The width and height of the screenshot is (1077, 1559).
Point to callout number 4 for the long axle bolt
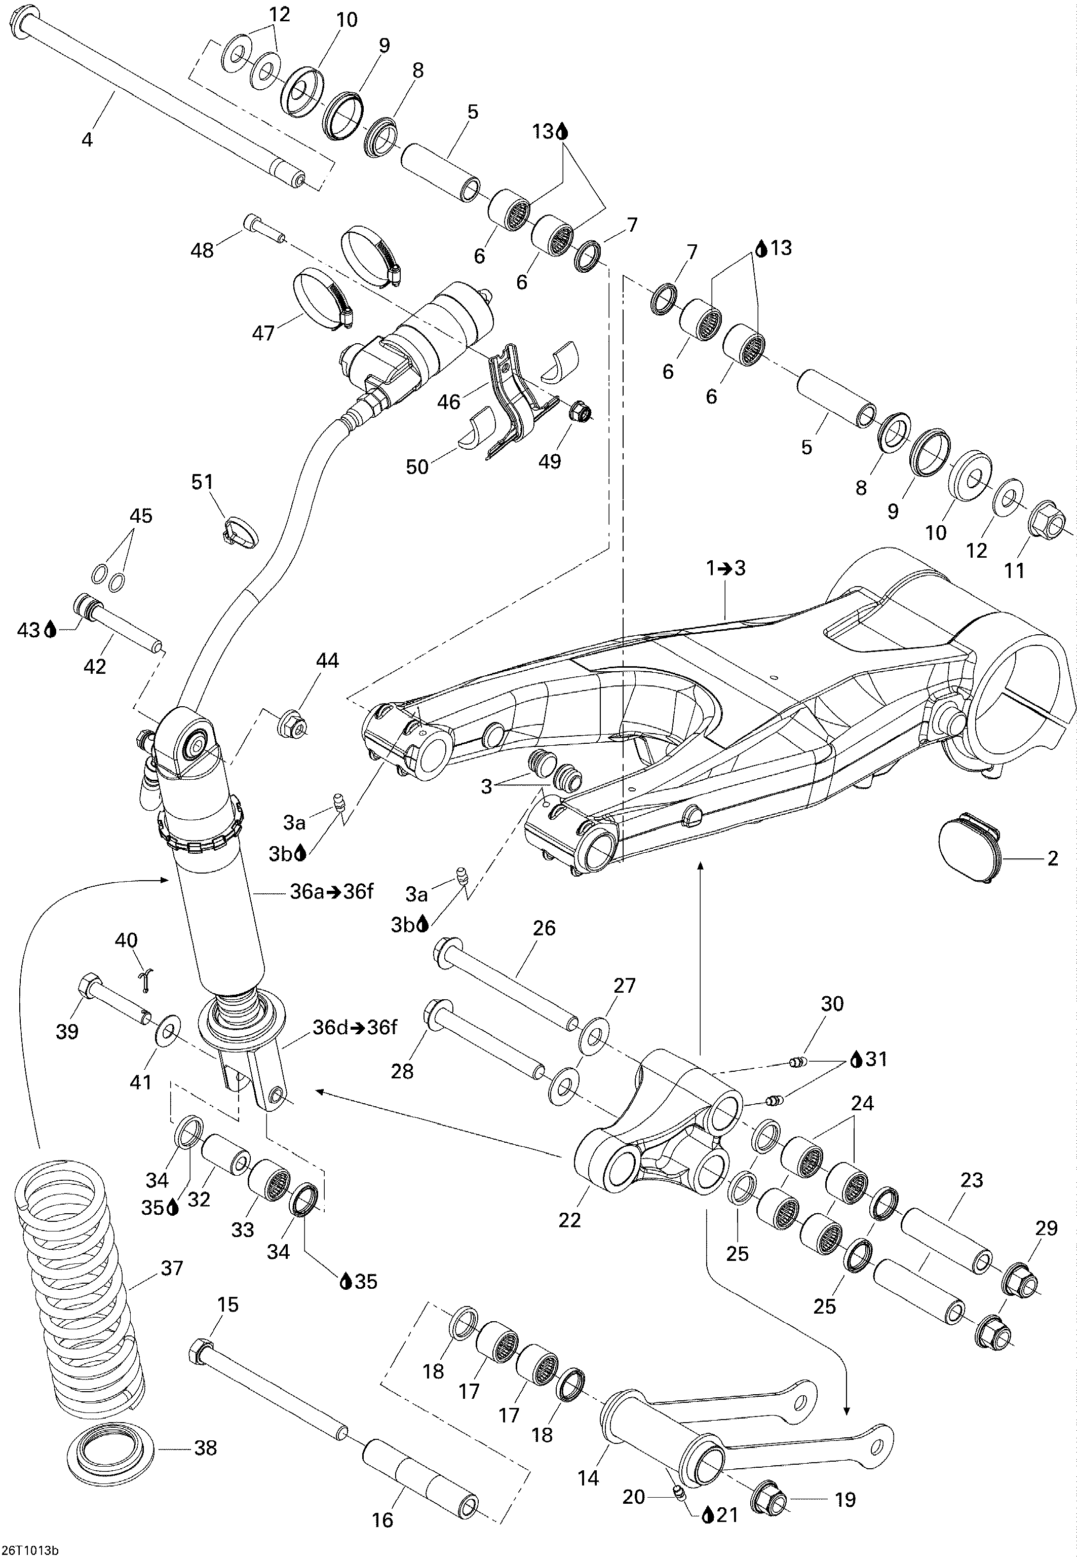pyautogui.click(x=87, y=140)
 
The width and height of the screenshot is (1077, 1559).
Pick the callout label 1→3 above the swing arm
pyautogui.click(x=725, y=568)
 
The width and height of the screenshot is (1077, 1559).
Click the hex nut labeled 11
pyautogui.click(x=1047, y=521)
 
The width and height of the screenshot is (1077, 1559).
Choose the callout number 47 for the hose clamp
pyautogui.click(x=263, y=333)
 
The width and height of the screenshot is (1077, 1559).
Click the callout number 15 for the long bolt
pyautogui.click(x=228, y=1304)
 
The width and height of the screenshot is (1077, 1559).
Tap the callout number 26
pyautogui.click(x=544, y=928)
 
